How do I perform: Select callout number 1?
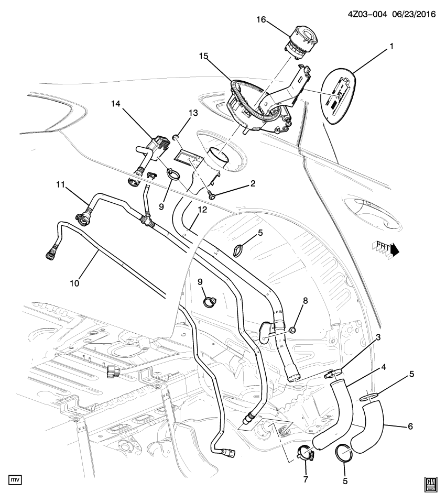click(390, 47)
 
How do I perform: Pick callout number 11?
click(60, 184)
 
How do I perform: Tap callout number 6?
click(410, 427)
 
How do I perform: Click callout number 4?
click(384, 367)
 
